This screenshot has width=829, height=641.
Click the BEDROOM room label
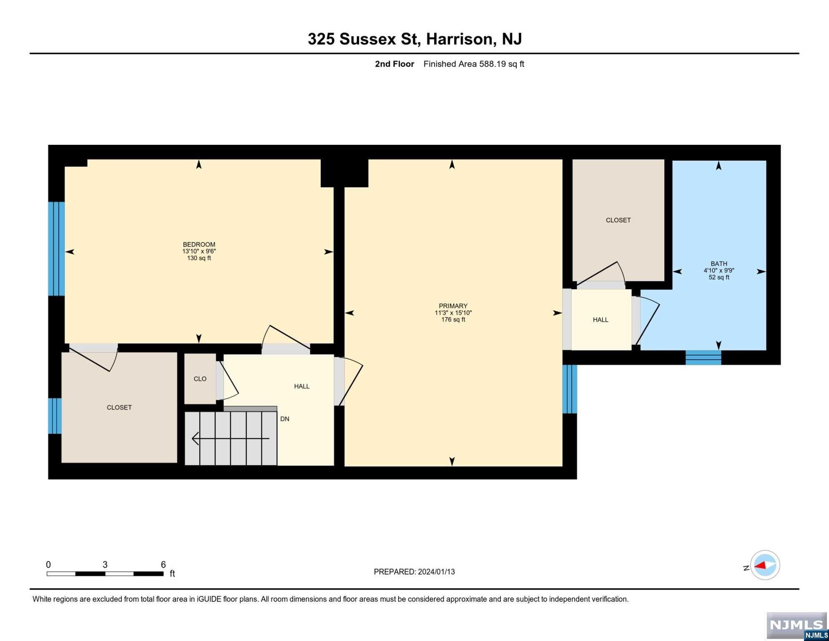click(199, 245)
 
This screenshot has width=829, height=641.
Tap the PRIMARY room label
click(453, 306)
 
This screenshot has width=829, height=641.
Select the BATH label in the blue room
click(719, 264)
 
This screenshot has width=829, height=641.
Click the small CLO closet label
click(200, 379)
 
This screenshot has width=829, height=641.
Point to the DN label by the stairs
click(285, 419)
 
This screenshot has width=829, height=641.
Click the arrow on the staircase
click(231, 439)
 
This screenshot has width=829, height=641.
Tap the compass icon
click(765, 565)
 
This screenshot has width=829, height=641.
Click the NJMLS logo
click(797, 626)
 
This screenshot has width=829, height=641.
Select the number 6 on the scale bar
click(163, 565)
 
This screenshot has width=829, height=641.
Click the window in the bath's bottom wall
click(703, 358)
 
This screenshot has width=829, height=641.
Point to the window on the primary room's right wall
click(570, 389)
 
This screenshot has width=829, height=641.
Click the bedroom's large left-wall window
click(56, 249)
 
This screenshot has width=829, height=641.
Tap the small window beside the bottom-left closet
click(55, 416)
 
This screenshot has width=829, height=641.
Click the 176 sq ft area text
click(453, 320)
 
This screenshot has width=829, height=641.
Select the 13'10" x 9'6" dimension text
click(199, 251)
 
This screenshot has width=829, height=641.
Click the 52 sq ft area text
click(719, 278)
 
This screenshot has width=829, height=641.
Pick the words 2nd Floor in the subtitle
click(394, 64)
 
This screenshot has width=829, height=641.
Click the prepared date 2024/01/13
click(436, 572)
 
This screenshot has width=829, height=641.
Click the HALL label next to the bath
click(600, 320)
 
